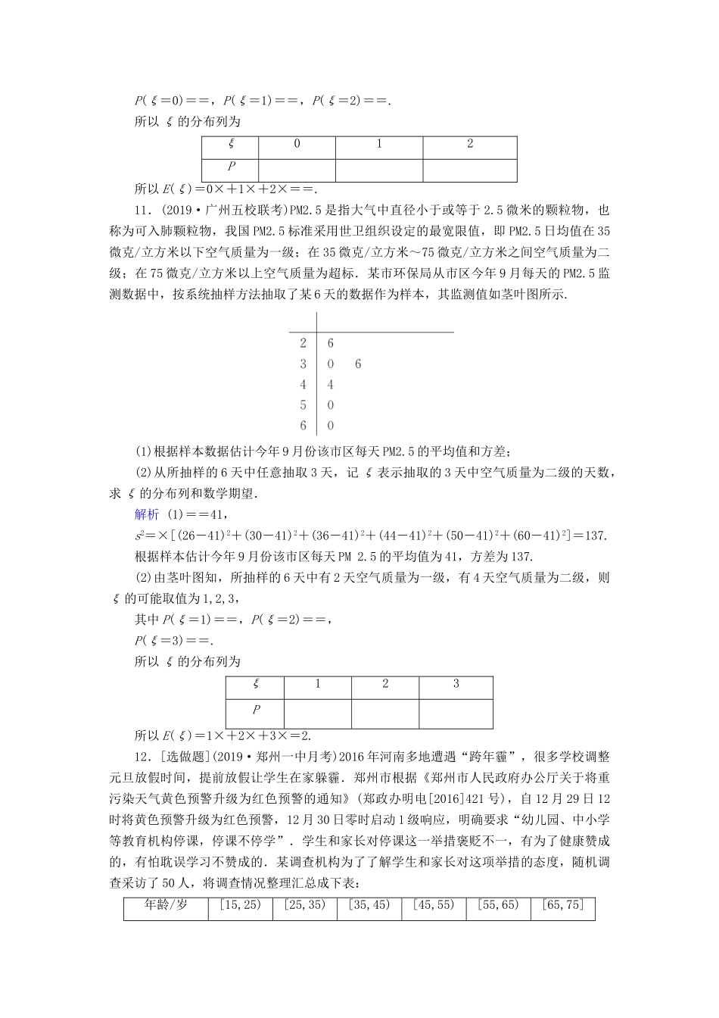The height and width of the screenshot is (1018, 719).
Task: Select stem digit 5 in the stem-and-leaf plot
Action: tap(303, 405)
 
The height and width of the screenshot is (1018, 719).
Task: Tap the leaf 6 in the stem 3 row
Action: tap(358, 364)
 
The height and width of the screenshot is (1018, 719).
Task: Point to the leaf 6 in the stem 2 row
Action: tap(331, 343)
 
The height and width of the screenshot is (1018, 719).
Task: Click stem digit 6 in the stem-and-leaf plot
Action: tap(303, 426)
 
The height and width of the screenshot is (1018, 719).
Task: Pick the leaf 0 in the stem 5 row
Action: tap(331, 405)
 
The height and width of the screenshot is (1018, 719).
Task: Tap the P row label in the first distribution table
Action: tap(231, 167)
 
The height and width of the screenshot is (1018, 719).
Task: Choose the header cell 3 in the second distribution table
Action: tap(456, 684)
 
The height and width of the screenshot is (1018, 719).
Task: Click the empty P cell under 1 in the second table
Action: tap(318, 711)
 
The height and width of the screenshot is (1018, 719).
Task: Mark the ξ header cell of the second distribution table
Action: tap(256, 684)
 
